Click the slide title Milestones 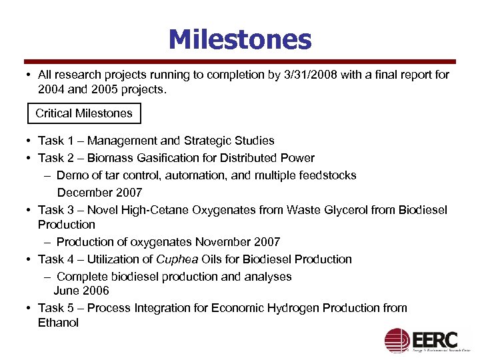240,39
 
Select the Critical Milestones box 84,113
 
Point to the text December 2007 99,193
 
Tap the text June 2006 81,291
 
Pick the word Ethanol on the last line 58,323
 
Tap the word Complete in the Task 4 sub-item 80,277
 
